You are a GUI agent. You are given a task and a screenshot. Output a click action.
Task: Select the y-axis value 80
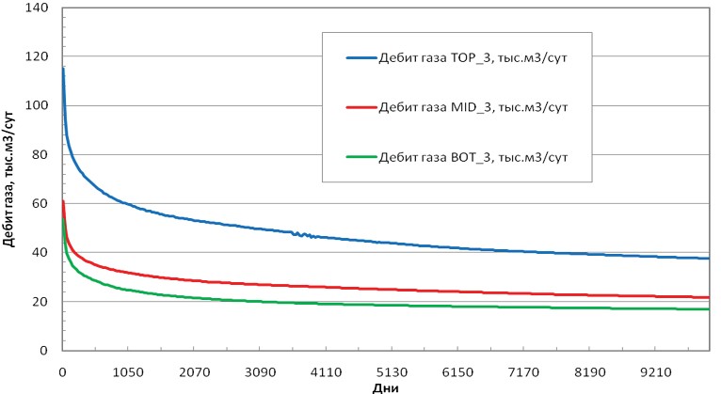41,154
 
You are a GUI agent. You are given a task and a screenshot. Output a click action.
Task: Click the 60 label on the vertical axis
41,203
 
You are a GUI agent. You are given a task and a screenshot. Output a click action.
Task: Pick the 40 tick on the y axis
41,252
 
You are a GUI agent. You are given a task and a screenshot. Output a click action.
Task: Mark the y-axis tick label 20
41,301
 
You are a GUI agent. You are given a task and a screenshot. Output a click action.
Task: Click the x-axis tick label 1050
128,372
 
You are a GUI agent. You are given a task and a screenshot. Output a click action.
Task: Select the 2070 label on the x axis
194,372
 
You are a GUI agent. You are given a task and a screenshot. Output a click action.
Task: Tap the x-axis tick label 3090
261,372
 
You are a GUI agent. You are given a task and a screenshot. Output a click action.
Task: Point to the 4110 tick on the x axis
326,372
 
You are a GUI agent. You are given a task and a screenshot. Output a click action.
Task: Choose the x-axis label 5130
392,372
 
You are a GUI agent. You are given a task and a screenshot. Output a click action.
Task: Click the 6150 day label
458,372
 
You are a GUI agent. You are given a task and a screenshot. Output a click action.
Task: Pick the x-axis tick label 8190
590,372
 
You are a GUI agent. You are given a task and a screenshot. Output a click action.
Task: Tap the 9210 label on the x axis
656,372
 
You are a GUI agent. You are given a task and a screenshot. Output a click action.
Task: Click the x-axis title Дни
385,388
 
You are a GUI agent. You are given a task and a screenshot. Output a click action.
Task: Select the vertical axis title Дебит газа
9,214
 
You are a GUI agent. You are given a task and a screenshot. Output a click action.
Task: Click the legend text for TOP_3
473,59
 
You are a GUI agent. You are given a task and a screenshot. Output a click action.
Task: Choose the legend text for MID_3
473,108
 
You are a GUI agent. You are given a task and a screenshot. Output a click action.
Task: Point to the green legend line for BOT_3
361,157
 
